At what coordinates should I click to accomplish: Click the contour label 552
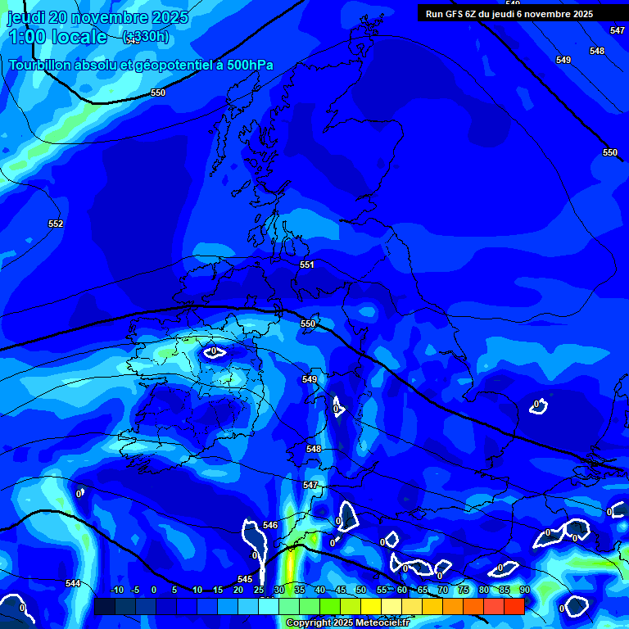pos(56,224)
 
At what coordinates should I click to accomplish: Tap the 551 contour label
pos(307,265)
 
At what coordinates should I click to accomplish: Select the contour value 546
pos(271,525)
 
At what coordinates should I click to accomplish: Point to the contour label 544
pos(73,583)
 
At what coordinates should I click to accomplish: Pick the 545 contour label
pos(245,579)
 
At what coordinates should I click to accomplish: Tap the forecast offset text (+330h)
pos(145,37)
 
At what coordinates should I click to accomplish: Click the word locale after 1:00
pos(79,37)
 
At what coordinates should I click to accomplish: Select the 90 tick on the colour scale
pos(524,590)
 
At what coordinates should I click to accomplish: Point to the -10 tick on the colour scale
pos(117,590)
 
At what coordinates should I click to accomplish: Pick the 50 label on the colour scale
pos(361,590)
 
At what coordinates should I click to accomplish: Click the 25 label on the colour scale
pos(259,590)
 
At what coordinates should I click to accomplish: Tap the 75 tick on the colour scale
pos(464,590)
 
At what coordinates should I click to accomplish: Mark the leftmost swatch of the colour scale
pos(104,606)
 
